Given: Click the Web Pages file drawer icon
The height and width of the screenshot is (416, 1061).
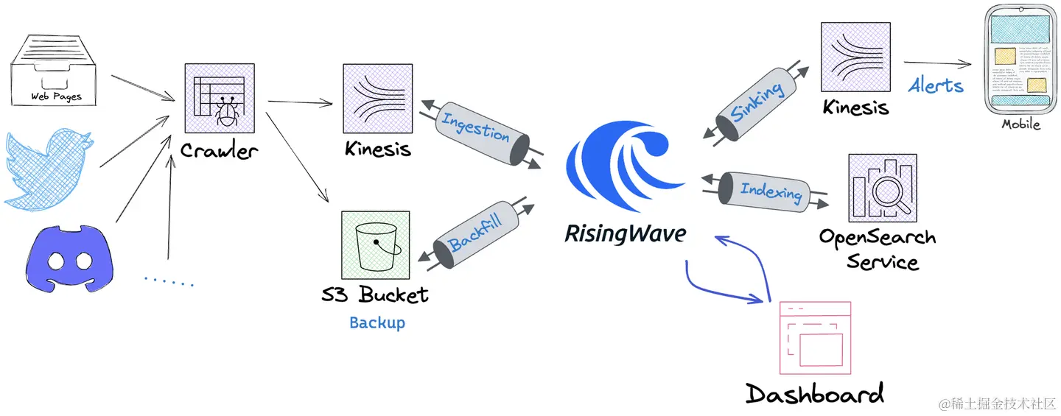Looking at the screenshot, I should coord(56,70).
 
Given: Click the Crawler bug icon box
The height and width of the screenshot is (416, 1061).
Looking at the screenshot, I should coord(219,98).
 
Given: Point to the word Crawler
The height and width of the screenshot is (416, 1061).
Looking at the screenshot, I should coord(220,151).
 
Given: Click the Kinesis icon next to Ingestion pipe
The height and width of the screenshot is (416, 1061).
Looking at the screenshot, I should coord(377,98).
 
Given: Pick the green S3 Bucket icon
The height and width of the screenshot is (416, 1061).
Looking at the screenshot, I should coord(376,245).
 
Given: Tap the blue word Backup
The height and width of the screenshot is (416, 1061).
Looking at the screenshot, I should coord(377,322).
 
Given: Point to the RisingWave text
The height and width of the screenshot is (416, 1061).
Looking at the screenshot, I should coord(626,233).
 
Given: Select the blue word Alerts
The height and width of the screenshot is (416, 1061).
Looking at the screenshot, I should coord(936,85).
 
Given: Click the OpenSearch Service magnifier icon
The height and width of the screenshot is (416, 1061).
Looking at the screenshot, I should coord(882,188).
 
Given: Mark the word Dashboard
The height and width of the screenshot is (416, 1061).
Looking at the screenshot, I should coord(814,393).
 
